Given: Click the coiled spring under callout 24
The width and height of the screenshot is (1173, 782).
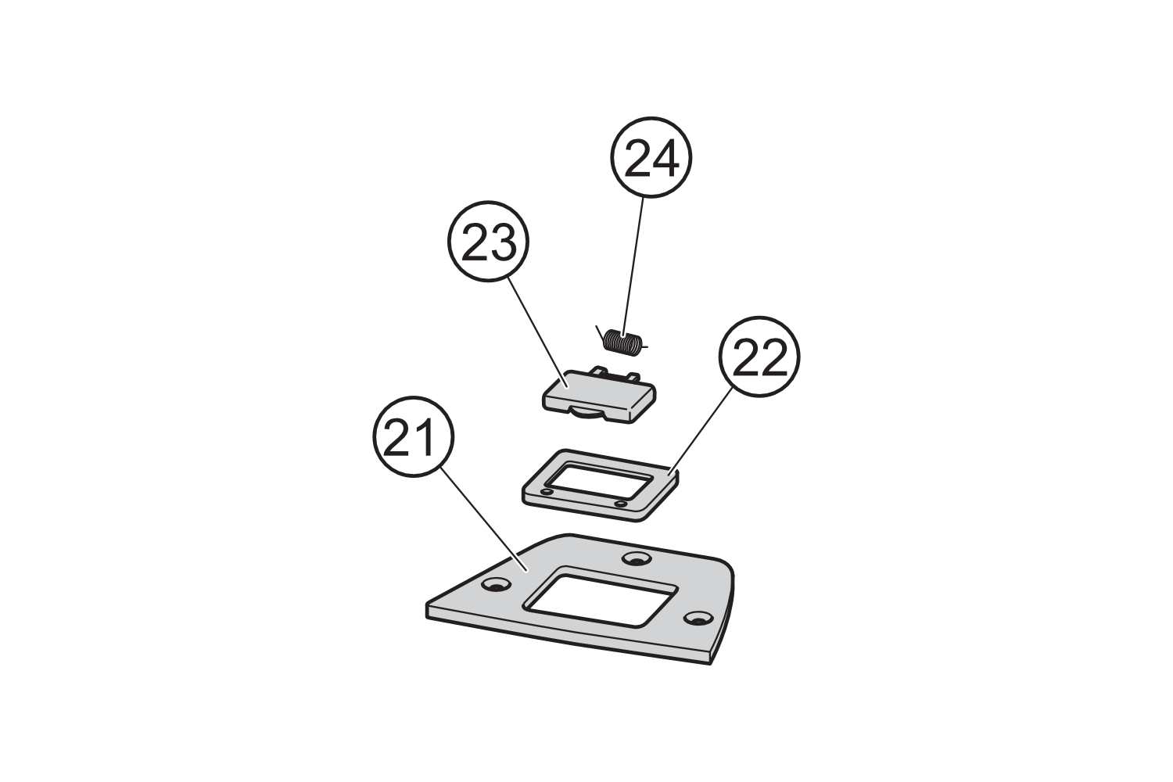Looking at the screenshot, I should click(x=623, y=342).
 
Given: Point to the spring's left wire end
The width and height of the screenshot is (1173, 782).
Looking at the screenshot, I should click(x=600, y=332).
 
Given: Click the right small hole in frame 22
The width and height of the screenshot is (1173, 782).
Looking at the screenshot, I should click(x=620, y=504).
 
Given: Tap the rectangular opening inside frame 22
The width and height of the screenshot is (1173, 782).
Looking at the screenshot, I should click(x=597, y=482).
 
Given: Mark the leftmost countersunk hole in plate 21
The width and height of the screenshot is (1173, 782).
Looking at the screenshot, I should click(x=493, y=585).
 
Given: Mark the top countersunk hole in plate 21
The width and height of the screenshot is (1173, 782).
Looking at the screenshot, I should click(x=637, y=559).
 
